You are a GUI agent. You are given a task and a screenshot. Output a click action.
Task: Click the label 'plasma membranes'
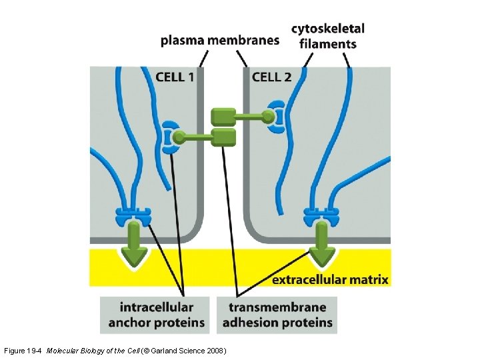click(x=220, y=41)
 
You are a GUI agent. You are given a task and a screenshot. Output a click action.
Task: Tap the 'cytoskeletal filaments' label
click(x=328, y=37)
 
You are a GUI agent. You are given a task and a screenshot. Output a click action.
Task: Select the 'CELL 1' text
click(x=175, y=77)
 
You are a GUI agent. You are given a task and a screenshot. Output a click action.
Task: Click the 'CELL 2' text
click(x=271, y=77)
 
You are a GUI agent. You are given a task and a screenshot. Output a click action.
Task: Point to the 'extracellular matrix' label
click(x=330, y=279)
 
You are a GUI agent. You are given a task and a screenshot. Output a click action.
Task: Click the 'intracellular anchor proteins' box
click(x=157, y=315)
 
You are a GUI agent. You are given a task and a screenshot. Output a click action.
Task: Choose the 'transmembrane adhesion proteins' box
click(x=277, y=315)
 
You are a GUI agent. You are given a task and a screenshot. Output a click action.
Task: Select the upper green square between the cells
click(x=223, y=117)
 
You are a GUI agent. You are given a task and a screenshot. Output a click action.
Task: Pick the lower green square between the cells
click(x=223, y=138)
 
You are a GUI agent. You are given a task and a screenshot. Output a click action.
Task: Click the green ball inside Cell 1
click(x=179, y=138)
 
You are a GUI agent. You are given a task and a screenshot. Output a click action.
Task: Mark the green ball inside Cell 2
click(x=268, y=117)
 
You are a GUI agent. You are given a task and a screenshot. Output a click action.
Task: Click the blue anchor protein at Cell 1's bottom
click(x=133, y=216)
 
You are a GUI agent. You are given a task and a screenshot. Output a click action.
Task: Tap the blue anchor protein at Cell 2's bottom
click(x=322, y=216)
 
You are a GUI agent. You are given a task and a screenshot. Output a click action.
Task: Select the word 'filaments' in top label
click(x=328, y=45)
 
